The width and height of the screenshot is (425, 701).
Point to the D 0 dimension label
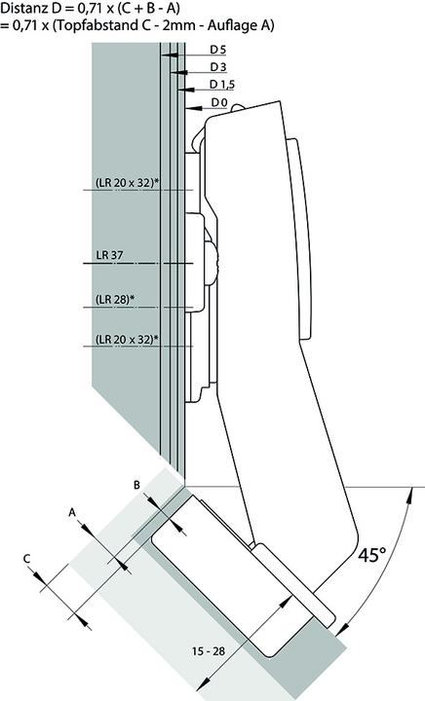tap(219, 102)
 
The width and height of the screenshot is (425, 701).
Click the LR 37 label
tap(110, 256)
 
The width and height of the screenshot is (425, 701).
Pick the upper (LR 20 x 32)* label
tap(127, 182)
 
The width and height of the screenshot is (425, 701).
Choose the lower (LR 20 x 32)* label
tap(127, 339)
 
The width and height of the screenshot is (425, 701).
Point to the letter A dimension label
tap(71, 510)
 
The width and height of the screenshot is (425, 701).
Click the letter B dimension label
tap(136, 484)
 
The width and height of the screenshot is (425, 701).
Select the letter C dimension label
tap(28, 557)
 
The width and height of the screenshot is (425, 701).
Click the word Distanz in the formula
tap(23, 9)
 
